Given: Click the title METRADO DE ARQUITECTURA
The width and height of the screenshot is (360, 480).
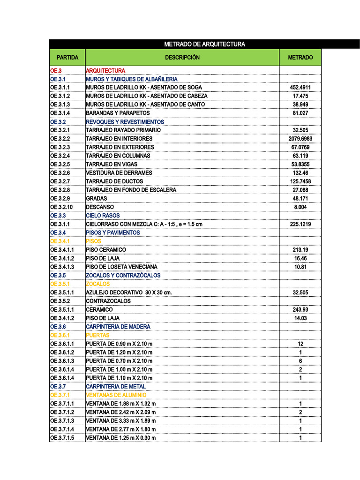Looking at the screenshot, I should click(204, 45).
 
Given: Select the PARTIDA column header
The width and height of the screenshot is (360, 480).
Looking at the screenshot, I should click(67, 58).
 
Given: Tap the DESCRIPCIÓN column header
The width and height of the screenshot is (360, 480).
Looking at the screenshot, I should click(182, 58).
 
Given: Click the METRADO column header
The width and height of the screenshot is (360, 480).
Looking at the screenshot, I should click(300, 58).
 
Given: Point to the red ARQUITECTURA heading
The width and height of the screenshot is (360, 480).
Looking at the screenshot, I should click(105, 70).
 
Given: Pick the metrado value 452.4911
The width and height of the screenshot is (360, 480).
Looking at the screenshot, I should click(300, 88).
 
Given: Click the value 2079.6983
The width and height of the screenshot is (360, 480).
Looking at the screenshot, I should click(300, 139).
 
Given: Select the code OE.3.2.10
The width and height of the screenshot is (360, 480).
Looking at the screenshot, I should click(62, 207).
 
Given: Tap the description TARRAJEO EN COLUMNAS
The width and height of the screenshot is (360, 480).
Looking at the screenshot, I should click(118, 156).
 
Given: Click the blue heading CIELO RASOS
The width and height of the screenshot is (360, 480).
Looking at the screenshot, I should click(103, 216).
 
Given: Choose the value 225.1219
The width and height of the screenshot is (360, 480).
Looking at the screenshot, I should click(300, 224).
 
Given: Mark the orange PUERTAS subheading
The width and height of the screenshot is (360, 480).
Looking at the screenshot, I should click(97, 335).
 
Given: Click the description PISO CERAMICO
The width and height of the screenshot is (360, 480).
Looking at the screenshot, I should click(106, 250).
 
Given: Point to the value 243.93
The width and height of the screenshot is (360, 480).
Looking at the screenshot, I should click(300, 309).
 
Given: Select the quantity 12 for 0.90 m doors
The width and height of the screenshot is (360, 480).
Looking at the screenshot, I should click(300, 344).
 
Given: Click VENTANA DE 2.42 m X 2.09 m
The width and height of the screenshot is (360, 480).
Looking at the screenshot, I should click(121, 412).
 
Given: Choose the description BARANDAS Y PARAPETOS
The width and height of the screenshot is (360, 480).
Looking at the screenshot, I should click(118, 113).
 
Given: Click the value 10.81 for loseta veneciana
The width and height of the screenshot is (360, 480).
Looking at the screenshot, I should click(300, 267).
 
